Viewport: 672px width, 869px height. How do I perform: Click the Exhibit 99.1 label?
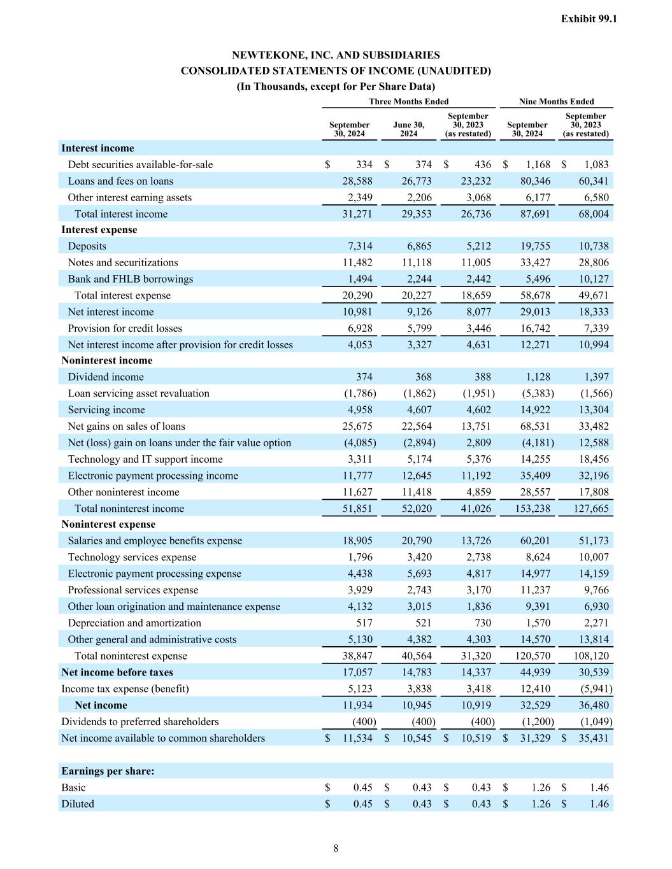tap(589, 19)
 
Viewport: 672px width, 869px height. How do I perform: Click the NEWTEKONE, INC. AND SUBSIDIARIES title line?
tap(336, 55)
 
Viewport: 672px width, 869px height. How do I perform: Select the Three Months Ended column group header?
tap(408, 101)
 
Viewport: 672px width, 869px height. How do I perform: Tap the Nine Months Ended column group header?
tap(556, 101)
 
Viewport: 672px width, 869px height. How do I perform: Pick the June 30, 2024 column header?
tap(408, 129)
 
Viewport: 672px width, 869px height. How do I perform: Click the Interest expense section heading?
tap(99, 230)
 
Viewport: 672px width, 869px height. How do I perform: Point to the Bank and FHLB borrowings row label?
tap(130, 279)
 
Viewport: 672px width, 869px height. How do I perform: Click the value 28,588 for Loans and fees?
tap(357, 181)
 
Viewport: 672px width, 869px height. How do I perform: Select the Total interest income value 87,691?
tap(535, 214)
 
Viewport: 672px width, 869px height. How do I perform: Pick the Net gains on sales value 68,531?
tap(535, 427)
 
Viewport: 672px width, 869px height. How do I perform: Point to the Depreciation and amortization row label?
tap(134, 623)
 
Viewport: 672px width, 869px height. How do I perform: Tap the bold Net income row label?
tap(101, 705)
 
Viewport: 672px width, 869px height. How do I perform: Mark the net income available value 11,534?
tap(357, 738)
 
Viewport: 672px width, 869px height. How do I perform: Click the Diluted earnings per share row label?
tap(77, 804)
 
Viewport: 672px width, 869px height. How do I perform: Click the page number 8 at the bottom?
tap(336, 848)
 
